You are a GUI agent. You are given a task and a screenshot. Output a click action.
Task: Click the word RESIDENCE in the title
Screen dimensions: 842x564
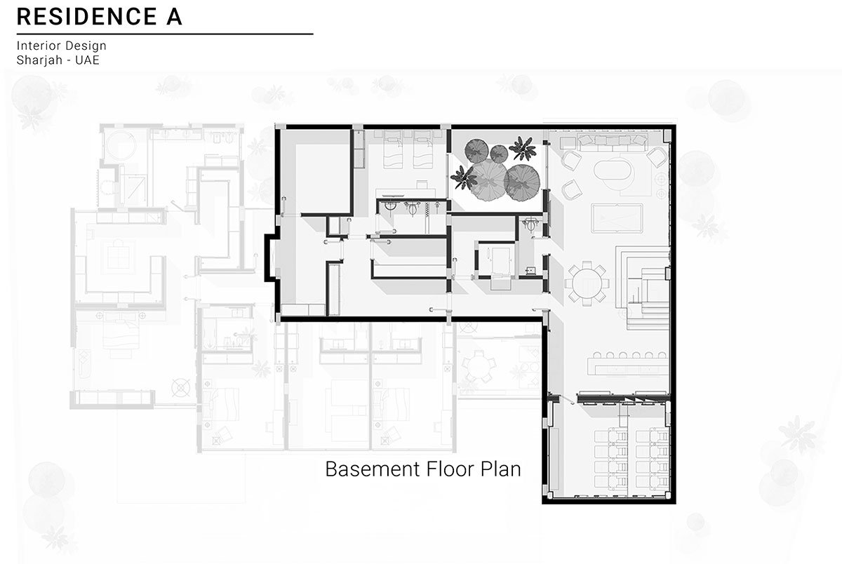[87, 17]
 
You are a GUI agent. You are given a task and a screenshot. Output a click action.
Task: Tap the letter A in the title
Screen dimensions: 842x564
[174, 17]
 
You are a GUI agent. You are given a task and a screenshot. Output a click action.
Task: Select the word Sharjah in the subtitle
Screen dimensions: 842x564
[39, 60]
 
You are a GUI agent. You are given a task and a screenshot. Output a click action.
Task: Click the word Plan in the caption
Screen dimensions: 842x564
[501, 469]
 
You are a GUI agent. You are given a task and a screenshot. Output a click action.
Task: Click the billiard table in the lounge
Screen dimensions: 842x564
[617, 218]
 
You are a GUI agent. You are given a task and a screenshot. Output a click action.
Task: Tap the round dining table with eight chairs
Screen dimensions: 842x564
[587, 283]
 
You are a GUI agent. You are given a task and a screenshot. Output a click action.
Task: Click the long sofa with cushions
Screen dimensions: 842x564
[613, 142]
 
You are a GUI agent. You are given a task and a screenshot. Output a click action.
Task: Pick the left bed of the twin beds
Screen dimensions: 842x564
[393, 149]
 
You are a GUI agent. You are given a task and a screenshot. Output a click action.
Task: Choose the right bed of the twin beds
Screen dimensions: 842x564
[423, 149]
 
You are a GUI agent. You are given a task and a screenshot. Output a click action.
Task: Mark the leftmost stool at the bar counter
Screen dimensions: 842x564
[597, 355]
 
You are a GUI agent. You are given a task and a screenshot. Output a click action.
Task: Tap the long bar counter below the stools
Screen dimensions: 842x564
[628, 366]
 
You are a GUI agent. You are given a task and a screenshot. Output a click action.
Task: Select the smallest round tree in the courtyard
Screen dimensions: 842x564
[499, 153]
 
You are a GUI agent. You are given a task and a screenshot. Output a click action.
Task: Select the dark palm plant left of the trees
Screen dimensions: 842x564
[464, 177]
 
